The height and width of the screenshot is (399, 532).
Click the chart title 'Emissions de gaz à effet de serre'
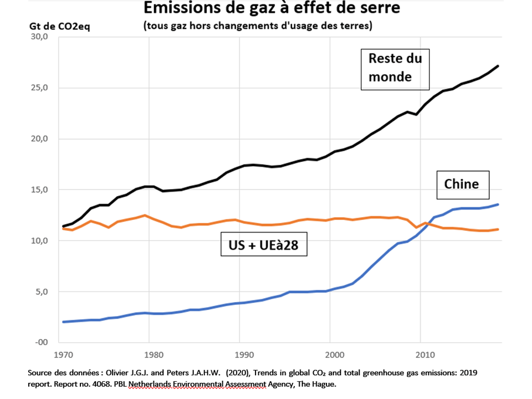[271, 9]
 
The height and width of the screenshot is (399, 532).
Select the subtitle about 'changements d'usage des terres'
[257, 26]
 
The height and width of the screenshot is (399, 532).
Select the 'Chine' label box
[462, 185]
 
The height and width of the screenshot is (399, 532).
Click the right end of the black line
[498, 66]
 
